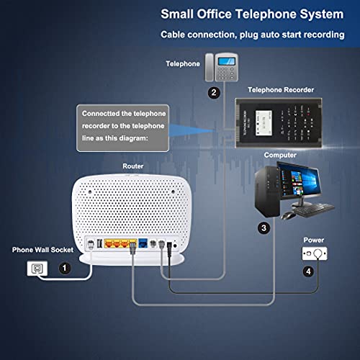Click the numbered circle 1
click(66, 268)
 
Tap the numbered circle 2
click(213, 92)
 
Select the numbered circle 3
click(264, 228)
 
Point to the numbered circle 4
click(308, 272)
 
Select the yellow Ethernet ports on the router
click(118, 244)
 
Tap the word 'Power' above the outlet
click(313, 240)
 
